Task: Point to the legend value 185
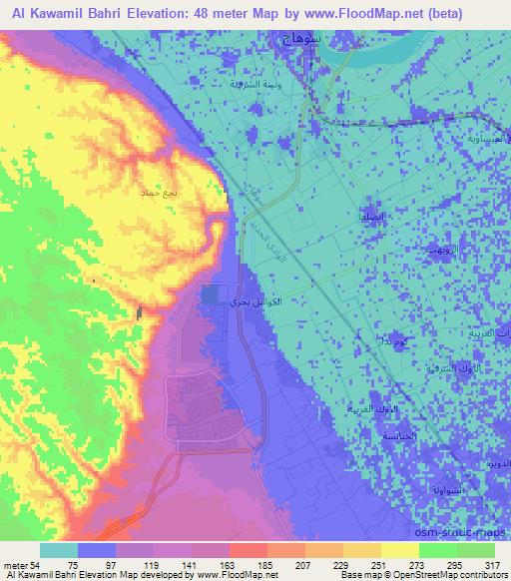(266, 565)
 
